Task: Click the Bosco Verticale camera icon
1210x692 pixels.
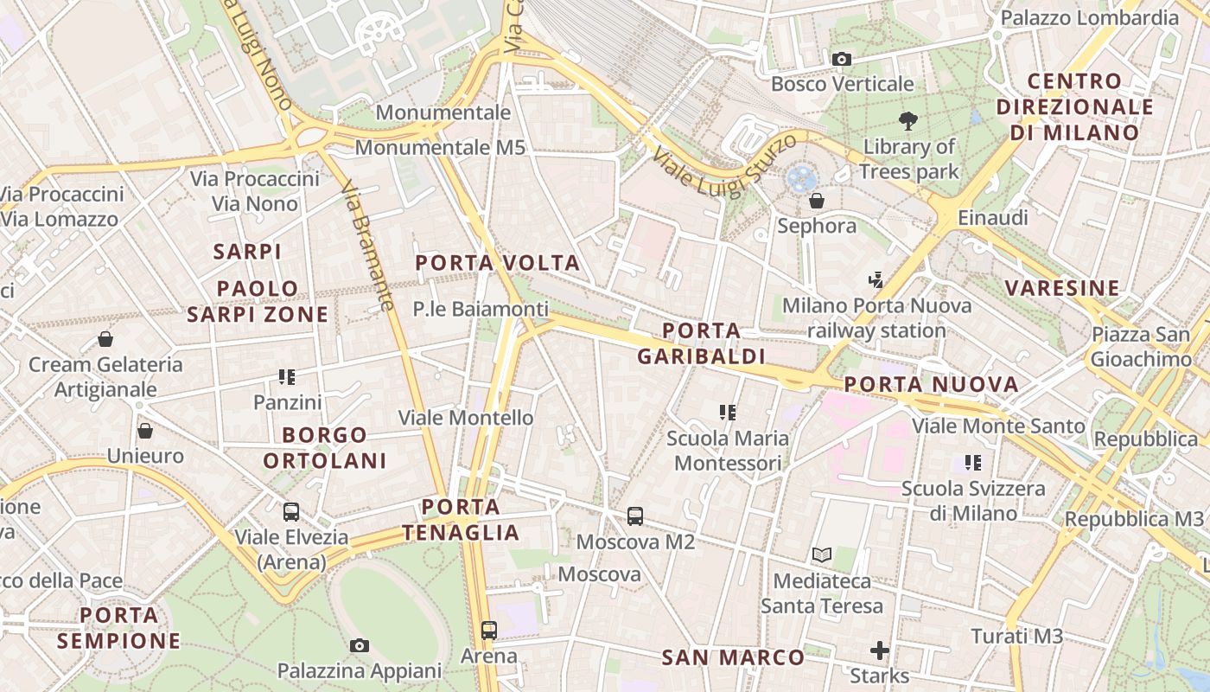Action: point(841,59)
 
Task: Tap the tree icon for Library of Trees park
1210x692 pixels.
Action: point(907,121)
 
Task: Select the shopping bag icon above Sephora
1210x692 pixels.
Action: point(816,201)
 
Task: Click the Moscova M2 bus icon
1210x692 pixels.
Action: point(635,516)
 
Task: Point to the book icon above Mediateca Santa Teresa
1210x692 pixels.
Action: point(821,554)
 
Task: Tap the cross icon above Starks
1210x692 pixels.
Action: point(879,650)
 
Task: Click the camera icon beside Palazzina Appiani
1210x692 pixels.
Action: point(360,645)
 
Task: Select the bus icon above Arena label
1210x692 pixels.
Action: point(489,630)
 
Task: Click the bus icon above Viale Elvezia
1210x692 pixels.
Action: point(291,511)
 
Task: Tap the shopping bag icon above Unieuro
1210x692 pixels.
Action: point(145,430)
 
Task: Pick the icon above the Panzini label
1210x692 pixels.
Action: point(287,376)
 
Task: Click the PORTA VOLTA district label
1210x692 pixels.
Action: point(497,263)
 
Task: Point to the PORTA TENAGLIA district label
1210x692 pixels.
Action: point(461,520)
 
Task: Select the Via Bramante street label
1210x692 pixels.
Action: point(367,246)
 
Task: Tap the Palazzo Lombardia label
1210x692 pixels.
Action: point(1089,17)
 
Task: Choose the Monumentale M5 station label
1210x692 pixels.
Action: point(440,148)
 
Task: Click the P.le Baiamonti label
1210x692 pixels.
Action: point(481,309)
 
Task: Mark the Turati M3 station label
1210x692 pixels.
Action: point(1016,637)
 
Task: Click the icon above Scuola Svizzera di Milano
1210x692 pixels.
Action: point(973,463)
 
